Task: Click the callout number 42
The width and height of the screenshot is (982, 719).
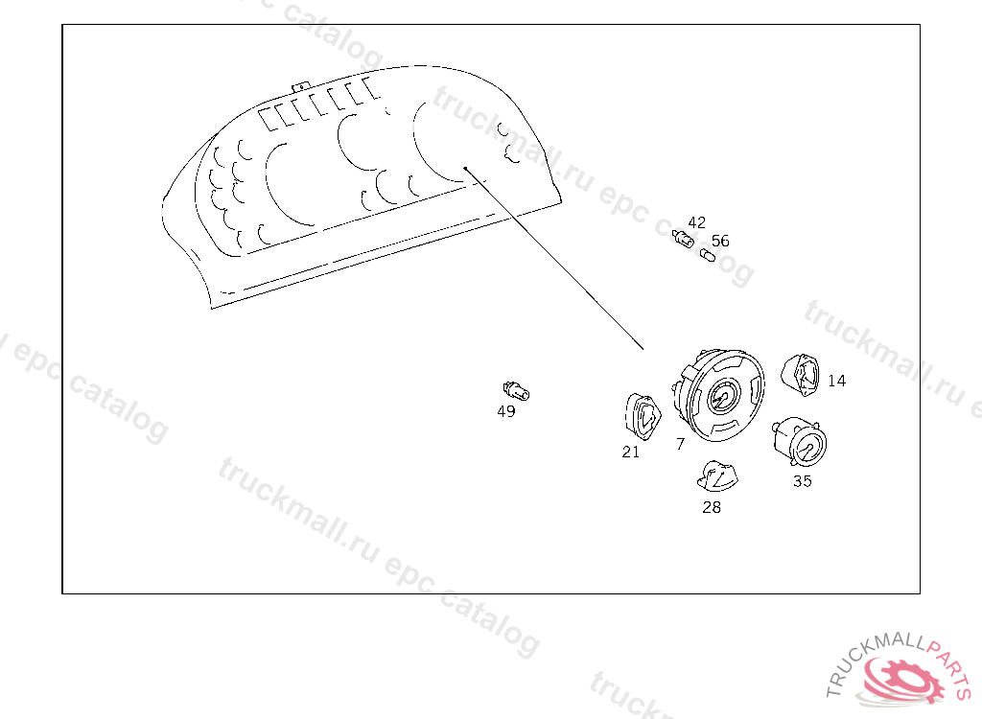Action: click(696, 223)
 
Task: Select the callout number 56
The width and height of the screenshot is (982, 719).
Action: click(720, 242)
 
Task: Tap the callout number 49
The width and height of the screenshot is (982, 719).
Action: click(506, 411)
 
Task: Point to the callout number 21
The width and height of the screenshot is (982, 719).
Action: click(631, 452)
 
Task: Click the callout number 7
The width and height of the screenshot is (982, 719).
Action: click(681, 444)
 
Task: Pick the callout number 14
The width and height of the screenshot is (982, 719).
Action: click(836, 381)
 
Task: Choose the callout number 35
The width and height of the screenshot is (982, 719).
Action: click(803, 481)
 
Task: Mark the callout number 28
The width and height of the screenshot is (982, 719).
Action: click(712, 507)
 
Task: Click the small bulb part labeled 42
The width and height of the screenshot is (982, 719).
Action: click(683, 239)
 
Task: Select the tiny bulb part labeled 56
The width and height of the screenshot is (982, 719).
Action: click(707, 256)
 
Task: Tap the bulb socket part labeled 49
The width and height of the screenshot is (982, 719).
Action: click(516, 391)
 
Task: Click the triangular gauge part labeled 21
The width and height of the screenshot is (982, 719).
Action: click(643, 417)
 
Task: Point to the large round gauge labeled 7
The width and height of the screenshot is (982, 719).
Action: click(719, 395)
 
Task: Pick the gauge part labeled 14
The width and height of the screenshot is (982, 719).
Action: click(801, 375)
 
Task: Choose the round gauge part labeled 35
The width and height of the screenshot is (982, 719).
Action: click(800, 442)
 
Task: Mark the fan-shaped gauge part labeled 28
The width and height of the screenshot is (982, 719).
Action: click(717, 476)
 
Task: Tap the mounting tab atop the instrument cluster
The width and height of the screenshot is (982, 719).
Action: click(300, 86)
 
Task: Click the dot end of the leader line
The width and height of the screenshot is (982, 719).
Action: click(465, 168)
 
